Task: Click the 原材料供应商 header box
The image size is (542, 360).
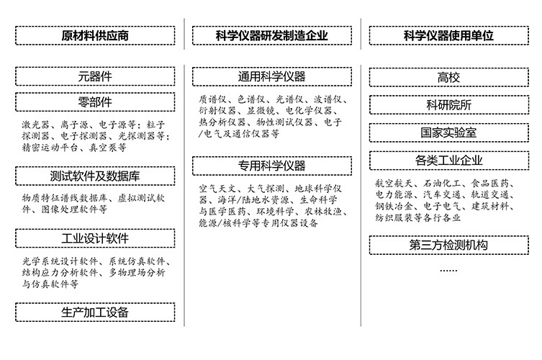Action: pyautogui.click(x=95, y=35)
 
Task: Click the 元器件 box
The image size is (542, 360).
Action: pyautogui.click(x=95, y=76)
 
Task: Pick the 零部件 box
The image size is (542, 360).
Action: pyautogui.click(x=95, y=101)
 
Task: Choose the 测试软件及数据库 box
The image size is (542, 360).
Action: pyautogui.click(x=95, y=176)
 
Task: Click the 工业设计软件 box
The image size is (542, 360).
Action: pyautogui.click(x=95, y=238)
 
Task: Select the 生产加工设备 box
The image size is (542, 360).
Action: pyautogui.click(x=95, y=312)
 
